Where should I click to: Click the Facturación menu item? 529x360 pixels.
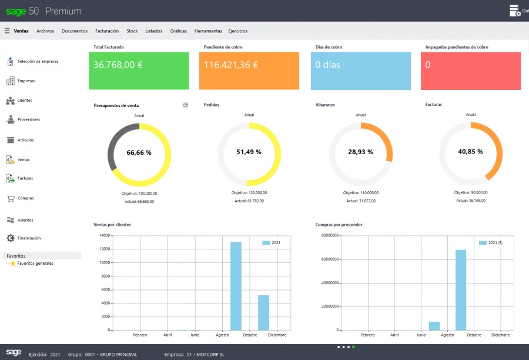(107, 31)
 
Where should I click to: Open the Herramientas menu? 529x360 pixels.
(208, 31)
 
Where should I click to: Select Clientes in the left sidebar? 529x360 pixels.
(25, 101)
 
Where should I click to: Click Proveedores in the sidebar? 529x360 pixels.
(28, 119)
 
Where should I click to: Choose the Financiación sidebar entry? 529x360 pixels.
(29, 238)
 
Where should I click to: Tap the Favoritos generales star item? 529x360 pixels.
(35, 264)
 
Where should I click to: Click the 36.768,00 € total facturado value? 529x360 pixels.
(118, 65)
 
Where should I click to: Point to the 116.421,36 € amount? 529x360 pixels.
(230, 65)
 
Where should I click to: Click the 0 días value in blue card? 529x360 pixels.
(327, 65)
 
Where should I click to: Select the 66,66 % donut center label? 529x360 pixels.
(139, 152)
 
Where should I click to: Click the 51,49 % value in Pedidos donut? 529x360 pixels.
(249, 152)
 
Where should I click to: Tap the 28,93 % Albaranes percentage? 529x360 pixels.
(360, 152)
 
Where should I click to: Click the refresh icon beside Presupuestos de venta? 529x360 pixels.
(185, 105)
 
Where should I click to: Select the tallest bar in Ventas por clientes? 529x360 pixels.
(236, 286)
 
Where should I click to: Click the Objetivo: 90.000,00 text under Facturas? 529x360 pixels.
(470, 192)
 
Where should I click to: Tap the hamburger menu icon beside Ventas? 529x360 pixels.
(7, 31)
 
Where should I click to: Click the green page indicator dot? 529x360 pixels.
(353, 347)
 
